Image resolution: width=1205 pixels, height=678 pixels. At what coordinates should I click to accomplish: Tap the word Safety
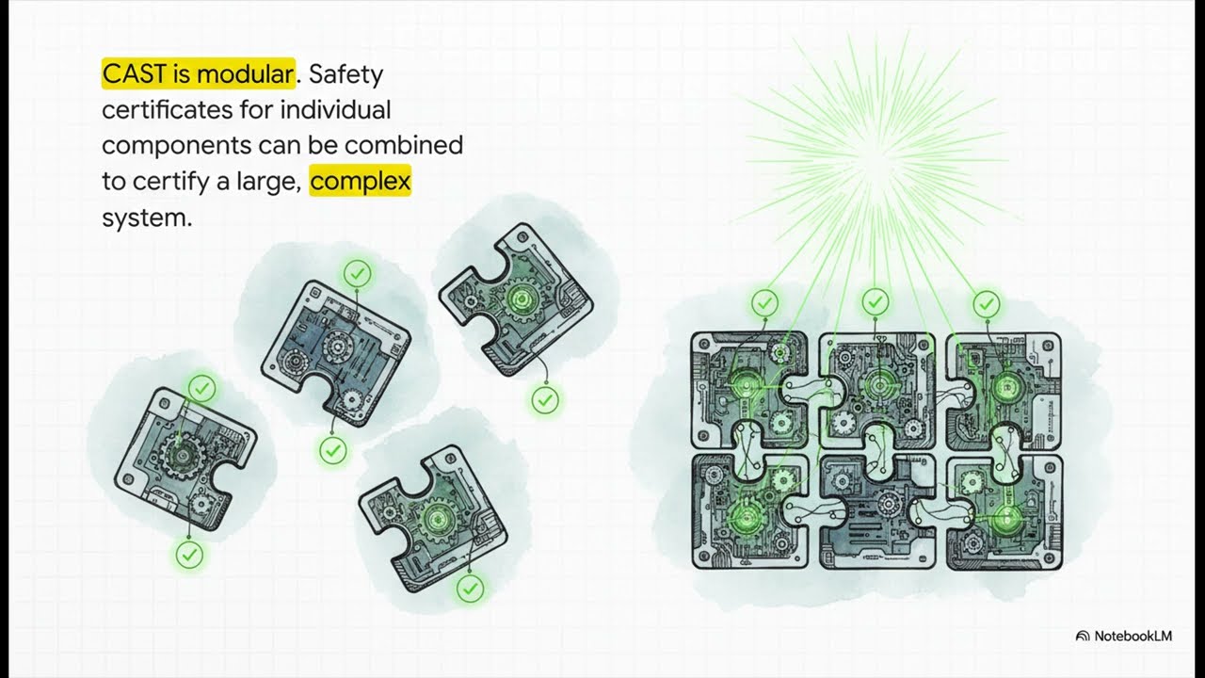345,74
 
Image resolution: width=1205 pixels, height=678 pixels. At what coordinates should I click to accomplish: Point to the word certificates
167,110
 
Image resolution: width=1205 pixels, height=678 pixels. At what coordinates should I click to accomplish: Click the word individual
336,110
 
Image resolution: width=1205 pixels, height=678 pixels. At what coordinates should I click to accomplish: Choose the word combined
404,145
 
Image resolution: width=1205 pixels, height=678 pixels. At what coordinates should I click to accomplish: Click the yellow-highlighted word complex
361,182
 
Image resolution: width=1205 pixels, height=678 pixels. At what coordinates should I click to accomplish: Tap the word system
147,218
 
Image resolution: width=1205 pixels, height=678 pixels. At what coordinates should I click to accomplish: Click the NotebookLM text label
1133,636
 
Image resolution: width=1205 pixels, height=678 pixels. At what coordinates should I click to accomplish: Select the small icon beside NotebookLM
1083,636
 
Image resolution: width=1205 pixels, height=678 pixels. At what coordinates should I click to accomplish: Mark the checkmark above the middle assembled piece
876,301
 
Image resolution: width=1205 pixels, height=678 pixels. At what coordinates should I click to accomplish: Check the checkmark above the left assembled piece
764,303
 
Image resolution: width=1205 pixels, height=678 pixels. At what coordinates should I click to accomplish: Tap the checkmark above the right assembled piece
987,304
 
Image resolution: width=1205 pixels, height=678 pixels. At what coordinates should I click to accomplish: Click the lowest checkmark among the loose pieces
470,589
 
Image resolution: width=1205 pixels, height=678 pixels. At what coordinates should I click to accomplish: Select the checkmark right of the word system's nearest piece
357,274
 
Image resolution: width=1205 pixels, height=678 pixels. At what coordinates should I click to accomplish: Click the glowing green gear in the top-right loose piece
521,299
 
